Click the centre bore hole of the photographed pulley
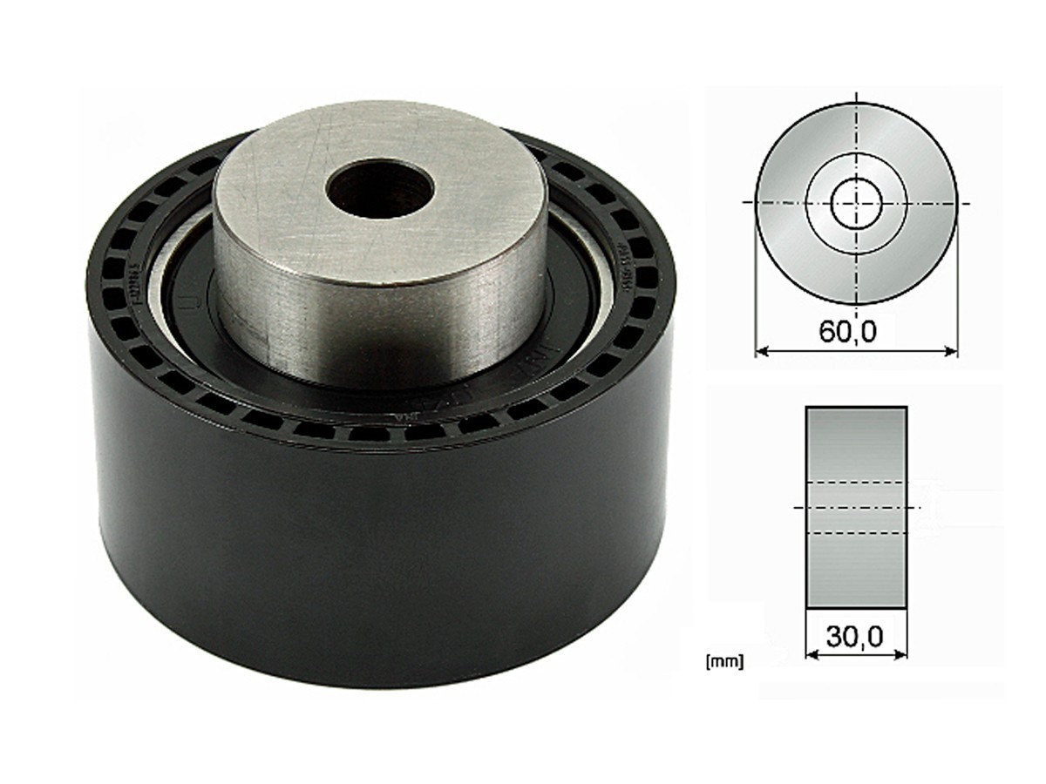pyautogui.click(x=380, y=189)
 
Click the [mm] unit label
pyautogui.click(x=724, y=662)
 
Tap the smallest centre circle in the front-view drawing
pyautogui.click(x=857, y=203)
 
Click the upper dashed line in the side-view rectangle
pyautogui.click(x=856, y=482)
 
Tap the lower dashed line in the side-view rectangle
pyautogui.click(x=856, y=532)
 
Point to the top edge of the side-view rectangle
pyautogui.click(x=856, y=407)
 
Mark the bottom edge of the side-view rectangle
pyautogui.click(x=856, y=606)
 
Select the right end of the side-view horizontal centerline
pyautogui.click(x=919, y=506)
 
